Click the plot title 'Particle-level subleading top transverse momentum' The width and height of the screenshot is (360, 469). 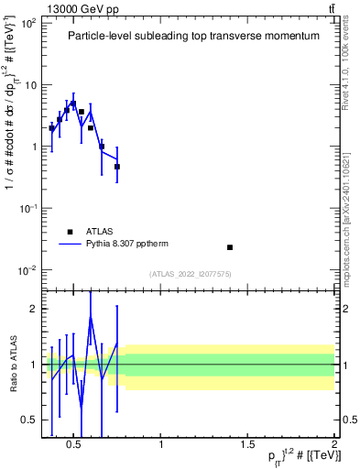(193, 37)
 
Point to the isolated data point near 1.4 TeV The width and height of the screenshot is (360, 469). (230, 247)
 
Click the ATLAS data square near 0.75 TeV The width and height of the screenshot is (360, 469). (117, 167)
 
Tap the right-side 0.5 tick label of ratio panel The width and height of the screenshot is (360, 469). (348, 420)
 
